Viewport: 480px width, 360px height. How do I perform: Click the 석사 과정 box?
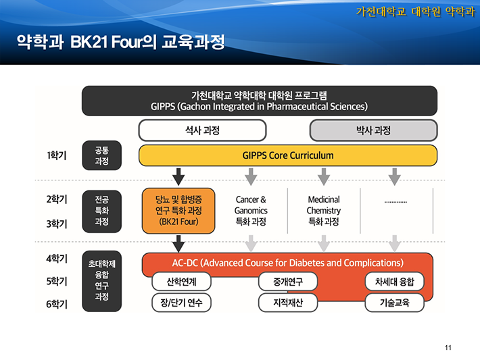[x=202, y=130]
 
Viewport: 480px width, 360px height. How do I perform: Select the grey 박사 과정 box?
[x=373, y=130]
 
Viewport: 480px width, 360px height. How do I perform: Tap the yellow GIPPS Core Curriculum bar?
[x=288, y=155]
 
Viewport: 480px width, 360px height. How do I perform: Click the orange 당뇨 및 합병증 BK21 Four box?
[x=178, y=211]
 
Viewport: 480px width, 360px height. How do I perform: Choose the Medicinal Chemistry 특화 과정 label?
[x=324, y=211]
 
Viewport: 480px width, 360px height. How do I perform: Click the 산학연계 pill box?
[x=182, y=282]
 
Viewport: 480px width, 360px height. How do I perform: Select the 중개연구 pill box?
[x=288, y=282]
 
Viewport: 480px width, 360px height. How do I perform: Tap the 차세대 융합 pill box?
[x=395, y=282]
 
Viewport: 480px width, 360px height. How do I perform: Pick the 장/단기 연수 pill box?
[x=182, y=303]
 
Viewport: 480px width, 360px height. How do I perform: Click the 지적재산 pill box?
[x=288, y=303]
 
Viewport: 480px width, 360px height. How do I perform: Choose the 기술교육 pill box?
[x=395, y=303]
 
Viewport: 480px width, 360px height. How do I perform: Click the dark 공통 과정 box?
[x=101, y=155]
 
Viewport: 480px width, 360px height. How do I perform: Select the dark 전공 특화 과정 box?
[x=101, y=211]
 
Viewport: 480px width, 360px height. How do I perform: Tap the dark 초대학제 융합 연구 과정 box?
[x=101, y=282]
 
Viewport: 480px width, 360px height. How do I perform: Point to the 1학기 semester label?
[x=57, y=155]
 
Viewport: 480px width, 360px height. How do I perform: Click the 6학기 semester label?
[x=57, y=305]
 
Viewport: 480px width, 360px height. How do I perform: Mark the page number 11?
[x=448, y=347]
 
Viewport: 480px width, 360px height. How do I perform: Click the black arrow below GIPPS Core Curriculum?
[x=178, y=176]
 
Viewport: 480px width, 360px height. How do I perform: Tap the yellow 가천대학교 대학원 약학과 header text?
[x=415, y=11]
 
